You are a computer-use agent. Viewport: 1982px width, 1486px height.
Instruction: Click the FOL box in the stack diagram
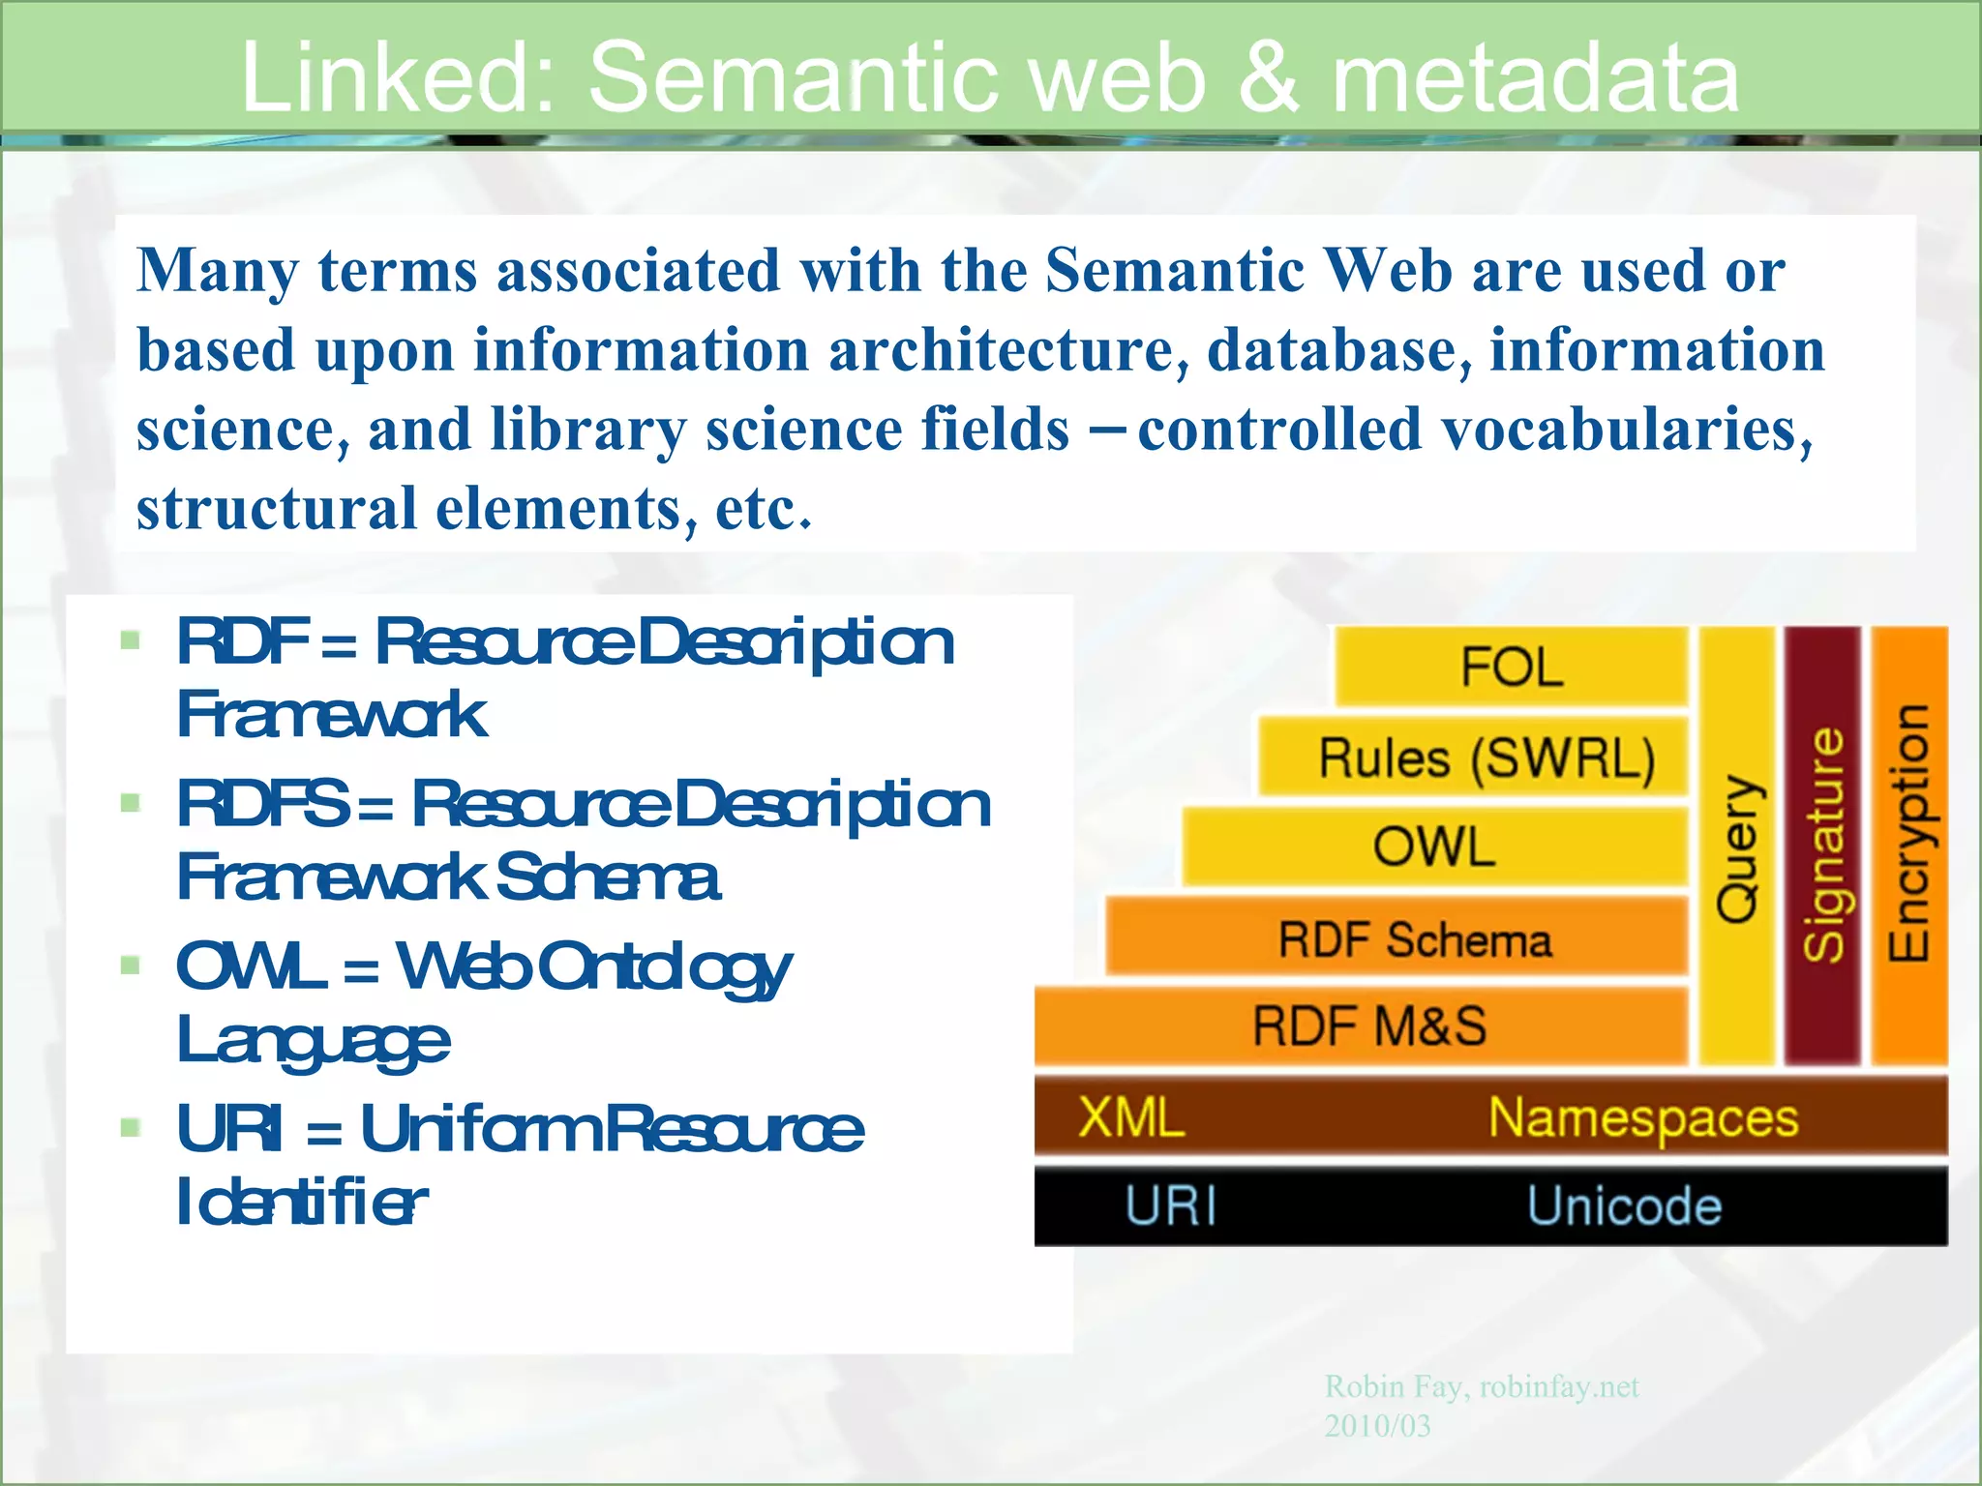tap(1511, 667)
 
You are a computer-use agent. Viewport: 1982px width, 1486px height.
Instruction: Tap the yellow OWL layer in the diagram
tap(1434, 847)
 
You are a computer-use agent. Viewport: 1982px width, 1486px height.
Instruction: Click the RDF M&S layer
tap(1368, 1026)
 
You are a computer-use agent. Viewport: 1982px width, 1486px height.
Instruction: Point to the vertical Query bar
tap(1737, 847)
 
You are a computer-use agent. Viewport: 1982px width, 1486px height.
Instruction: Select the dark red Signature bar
tap(1822, 847)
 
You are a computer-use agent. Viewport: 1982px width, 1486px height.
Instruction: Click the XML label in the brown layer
tap(1131, 1117)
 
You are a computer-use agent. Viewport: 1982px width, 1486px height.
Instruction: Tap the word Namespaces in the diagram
tap(1642, 1118)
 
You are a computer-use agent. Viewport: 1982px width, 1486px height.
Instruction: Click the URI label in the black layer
tap(1170, 1206)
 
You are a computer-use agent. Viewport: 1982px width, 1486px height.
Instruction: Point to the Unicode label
tap(1624, 1206)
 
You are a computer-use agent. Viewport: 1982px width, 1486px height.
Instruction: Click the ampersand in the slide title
tap(1267, 77)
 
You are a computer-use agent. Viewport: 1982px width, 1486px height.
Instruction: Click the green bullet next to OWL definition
tap(131, 966)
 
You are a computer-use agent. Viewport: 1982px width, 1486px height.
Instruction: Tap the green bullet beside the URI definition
tap(131, 1128)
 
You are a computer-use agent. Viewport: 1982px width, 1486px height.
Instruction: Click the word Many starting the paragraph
tap(217, 271)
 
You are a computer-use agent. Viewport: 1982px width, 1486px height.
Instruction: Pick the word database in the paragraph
tap(1338, 350)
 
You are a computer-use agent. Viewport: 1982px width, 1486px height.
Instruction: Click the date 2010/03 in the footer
tap(1377, 1426)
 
